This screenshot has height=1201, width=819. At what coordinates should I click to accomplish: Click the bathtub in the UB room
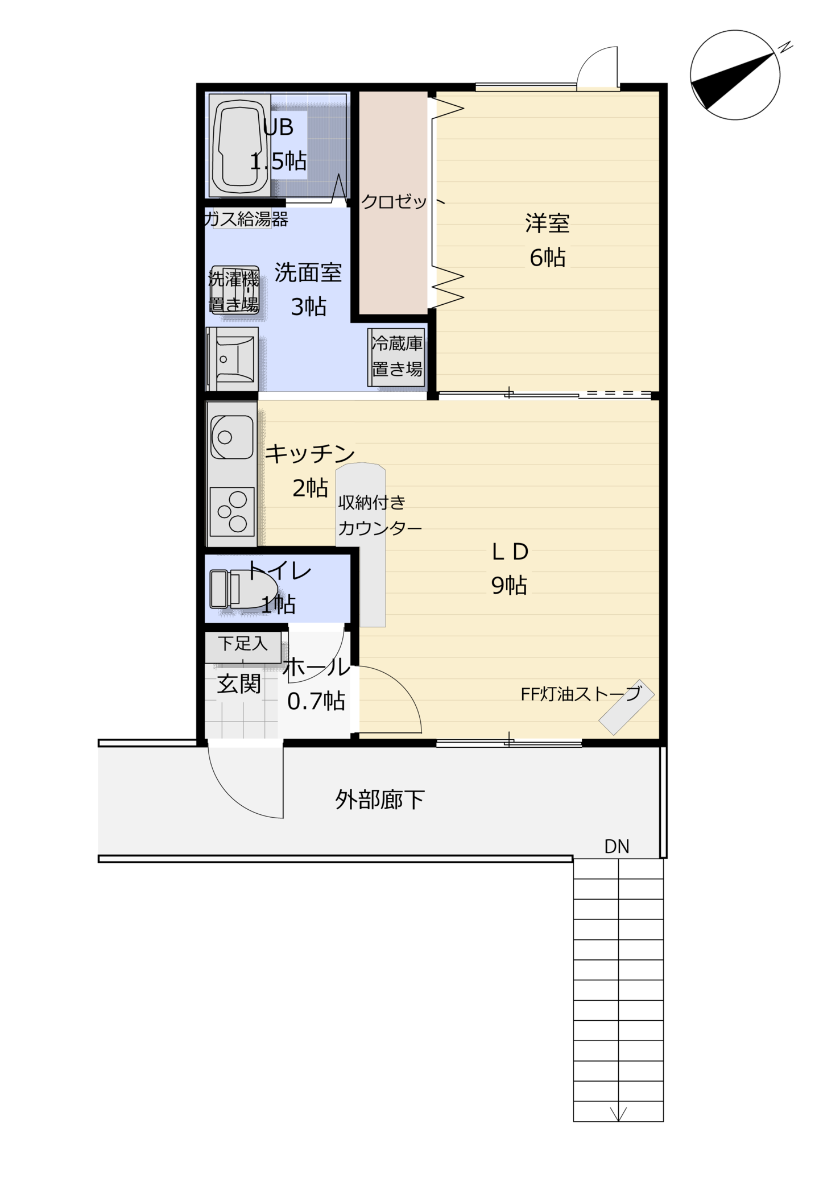click(x=239, y=146)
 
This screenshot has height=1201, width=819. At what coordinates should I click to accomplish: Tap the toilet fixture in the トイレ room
click(x=243, y=589)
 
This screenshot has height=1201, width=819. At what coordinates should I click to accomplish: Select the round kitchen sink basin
click(x=231, y=437)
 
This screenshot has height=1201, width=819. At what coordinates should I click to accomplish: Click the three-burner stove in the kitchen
click(x=231, y=511)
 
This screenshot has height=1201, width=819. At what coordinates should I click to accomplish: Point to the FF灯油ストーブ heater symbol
click(x=626, y=706)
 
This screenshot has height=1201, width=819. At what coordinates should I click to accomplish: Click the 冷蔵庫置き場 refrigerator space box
click(x=396, y=357)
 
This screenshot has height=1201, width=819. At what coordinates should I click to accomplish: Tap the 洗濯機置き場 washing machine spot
click(x=234, y=290)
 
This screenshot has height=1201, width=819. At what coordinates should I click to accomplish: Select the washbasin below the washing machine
click(x=232, y=358)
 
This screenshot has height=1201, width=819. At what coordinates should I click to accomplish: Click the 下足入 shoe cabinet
click(x=243, y=647)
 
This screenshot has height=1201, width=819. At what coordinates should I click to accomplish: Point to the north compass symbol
click(x=735, y=75)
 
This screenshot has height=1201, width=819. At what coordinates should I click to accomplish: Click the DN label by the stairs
click(x=617, y=847)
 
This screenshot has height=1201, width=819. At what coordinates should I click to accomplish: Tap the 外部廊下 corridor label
click(x=379, y=800)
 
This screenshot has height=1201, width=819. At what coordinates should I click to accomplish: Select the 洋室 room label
click(x=547, y=223)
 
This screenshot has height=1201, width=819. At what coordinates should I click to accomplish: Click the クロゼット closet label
click(x=403, y=202)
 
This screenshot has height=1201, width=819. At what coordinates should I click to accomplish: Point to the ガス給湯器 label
click(x=246, y=219)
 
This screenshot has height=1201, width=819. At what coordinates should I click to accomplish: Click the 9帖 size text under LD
click(x=509, y=585)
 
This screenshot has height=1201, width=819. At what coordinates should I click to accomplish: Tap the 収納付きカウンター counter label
click(x=380, y=515)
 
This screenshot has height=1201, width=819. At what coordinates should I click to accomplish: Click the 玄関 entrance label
click(x=239, y=684)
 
